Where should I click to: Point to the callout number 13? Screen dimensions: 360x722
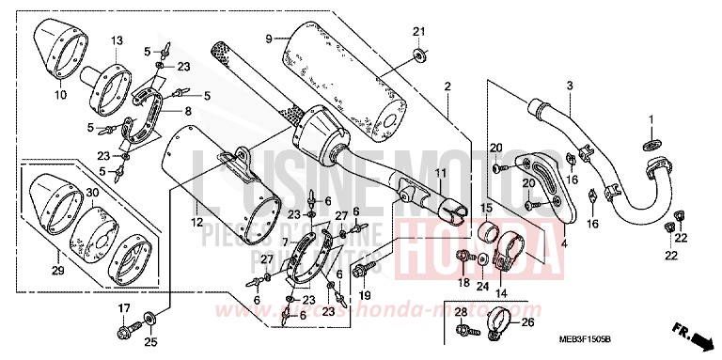coord(118,40)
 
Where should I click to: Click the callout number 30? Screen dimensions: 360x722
coord(91,192)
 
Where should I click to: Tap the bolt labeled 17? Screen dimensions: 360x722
coord(123,330)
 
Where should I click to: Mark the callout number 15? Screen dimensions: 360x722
coord(487,208)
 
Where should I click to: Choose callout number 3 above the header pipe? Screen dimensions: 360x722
coord(569,86)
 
